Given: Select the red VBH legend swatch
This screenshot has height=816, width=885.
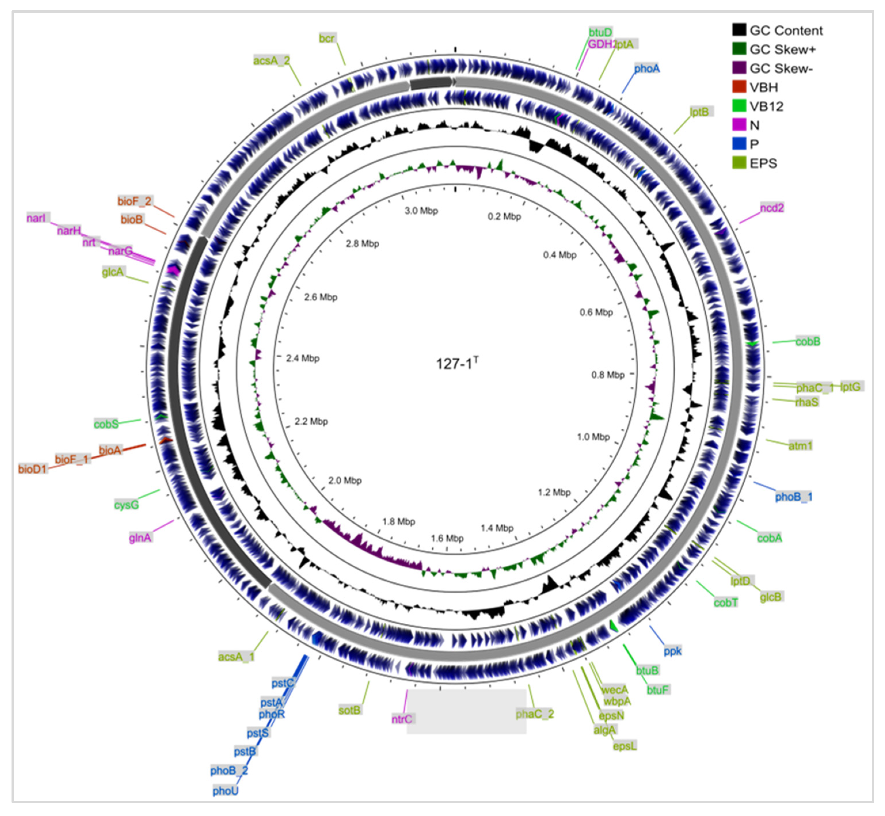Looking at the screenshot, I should click(x=739, y=87).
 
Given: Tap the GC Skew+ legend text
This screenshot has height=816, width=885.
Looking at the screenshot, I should click(x=783, y=49).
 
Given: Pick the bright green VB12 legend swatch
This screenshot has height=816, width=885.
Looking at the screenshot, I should click(x=739, y=106).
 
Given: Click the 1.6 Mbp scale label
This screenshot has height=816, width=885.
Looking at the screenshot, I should click(x=447, y=538).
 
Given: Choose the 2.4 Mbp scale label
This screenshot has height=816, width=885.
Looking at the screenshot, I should click(x=302, y=358).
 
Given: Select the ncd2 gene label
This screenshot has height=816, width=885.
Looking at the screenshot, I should click(x=772, y=207).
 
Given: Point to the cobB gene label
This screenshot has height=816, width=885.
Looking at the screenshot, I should click(x=808, y=341).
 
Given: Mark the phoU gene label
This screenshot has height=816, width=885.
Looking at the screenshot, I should click(x=225, y=790).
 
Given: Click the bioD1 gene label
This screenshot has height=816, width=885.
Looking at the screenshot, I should click(x=32, y=469).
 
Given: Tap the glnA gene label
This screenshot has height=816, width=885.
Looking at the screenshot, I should click(x=140, y=537).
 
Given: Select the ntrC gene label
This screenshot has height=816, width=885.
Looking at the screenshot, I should click(x=402, y=719).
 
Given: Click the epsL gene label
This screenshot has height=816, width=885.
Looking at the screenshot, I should click(x=625, y=746).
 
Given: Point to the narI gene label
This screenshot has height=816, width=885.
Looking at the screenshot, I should click(x=36, y=218).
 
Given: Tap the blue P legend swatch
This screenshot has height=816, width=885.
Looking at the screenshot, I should click(x=739, y=144).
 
